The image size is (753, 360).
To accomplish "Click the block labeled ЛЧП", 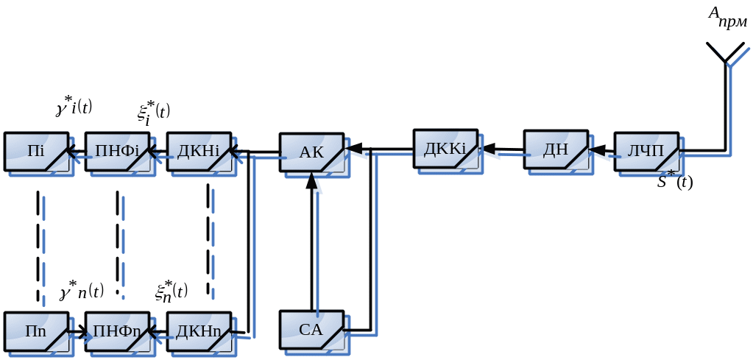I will (x=646, y=152).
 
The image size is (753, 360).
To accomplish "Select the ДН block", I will (x=556, y=150).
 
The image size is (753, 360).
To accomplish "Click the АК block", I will (x=311, y=152).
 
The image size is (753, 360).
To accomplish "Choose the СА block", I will (x=311, y=330).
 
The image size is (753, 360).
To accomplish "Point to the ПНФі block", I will (x=117, y=152).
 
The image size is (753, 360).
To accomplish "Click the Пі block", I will (x=36, y=152).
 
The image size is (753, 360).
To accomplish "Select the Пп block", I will (x=36, y=331).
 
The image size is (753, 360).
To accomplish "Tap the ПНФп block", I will (x=117, y=331).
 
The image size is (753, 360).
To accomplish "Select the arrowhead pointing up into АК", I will (x=312, y=180).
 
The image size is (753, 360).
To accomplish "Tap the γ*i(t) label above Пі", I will (x=74, y=107).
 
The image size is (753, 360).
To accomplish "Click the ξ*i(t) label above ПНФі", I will (x=153, y=113).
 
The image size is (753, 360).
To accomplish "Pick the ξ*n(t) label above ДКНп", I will (x=171, y=291).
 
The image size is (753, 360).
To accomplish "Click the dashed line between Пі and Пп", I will (x=38, y=243).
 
